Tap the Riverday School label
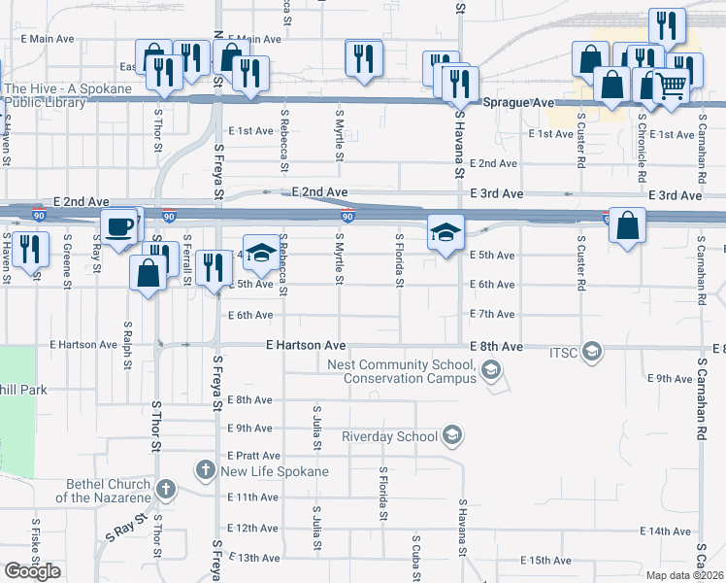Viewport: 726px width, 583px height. pyautogui.click(x=389, y=436)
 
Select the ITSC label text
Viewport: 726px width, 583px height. pyautogui.click(x=563, y=350)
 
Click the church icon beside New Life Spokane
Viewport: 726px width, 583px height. pyautogui.click(x=205, y=470)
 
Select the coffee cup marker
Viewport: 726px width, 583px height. pyautogui.click(x=119, y=227)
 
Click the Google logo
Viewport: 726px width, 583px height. pyautogui.click(x=32, y=571)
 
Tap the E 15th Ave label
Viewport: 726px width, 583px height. pyautogui.click(x=545, y=561)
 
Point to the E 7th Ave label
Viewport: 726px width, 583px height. pyautogui.click(x=491, y=315)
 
